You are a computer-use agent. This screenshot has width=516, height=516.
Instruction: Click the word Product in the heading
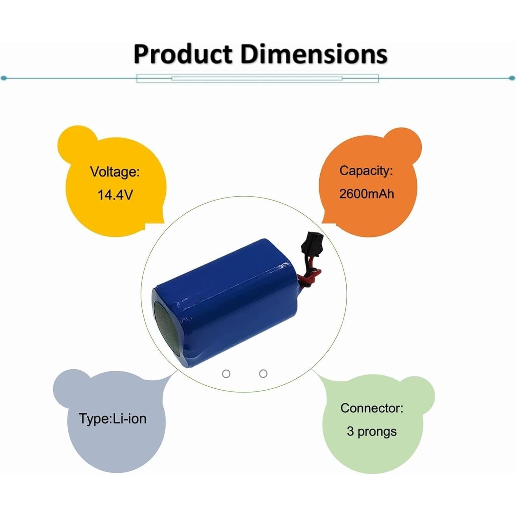click(x=183, y=54)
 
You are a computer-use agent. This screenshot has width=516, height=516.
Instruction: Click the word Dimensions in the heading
click(x=314, y=54)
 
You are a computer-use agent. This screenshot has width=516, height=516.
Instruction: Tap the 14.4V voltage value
click(x=115, y=195)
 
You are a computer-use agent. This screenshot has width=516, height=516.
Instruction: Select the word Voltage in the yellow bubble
click(x=115, y=172)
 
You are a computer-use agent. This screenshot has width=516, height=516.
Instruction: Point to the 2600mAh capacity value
click(x=367, y=194)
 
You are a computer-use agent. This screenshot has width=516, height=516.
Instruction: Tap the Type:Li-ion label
click(x=113, y=419)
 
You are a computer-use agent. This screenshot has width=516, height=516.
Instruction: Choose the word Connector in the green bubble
click(x=372, y=408)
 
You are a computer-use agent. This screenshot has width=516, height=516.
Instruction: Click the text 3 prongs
click(x=372, y=431)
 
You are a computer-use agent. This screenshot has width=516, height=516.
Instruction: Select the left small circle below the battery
click(x=226, y=374)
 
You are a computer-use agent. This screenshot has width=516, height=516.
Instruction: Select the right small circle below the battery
click(x=263, y=374)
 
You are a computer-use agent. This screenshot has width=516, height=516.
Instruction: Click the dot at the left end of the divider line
click(x=4, y=78)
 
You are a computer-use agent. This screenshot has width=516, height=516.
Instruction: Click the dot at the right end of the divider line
click(x=512, y=78)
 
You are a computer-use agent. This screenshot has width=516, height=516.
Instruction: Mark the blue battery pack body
click(x=226, y=302)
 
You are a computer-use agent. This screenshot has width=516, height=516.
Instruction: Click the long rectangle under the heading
click(x=257, y=78)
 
